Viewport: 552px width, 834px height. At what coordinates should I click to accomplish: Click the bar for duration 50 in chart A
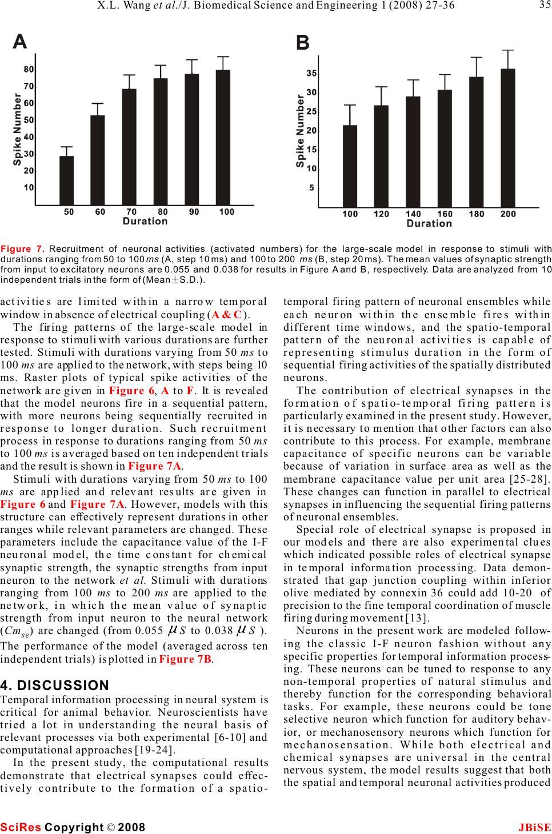point(67,181)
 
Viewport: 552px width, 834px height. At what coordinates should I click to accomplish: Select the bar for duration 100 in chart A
point(223,137)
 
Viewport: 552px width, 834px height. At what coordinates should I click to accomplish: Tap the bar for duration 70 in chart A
point(129,147)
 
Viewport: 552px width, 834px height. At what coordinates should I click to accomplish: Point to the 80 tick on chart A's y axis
point(29,69)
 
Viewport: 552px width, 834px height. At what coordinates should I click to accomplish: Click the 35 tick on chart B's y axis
point(311,73)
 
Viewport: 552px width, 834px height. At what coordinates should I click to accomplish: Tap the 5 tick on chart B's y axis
point(311,187)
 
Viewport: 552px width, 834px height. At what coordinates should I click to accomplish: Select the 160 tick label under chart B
point(445,214)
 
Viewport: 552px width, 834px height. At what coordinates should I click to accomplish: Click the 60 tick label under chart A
point(100,212)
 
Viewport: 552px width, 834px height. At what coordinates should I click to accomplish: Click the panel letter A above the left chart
point(21,41)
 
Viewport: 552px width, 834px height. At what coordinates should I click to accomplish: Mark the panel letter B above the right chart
point(303,43)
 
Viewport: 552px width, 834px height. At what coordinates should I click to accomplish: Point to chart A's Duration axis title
point(145,221)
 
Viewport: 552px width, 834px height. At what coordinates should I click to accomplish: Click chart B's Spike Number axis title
point(301,131)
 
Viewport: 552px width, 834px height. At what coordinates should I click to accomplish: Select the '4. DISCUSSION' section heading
point(55,685)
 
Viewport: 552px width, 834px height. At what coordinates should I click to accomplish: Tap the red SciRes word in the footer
point(21,827)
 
